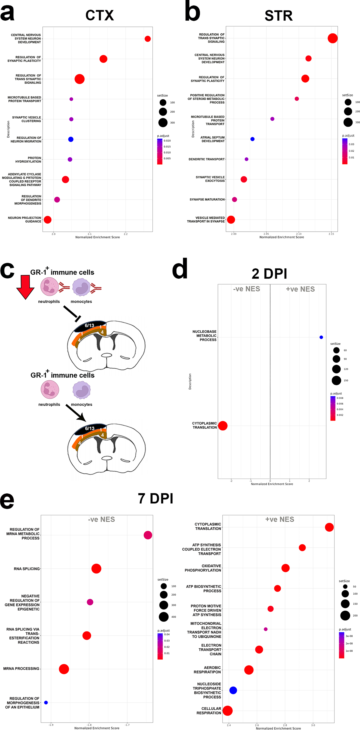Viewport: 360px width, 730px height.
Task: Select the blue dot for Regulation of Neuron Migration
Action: (x=71, y=139)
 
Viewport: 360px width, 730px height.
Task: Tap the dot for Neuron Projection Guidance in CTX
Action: (x=48, y=220)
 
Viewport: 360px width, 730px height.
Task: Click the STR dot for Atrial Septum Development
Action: (x=252, y=139)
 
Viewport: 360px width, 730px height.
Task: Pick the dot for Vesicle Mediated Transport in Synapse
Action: (x=231, y=220)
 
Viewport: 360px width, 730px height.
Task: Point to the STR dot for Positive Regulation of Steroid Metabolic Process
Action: (x=296, y=99)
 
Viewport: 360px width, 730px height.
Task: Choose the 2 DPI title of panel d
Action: (x=269, y=274)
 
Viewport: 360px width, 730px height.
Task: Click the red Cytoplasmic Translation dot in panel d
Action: (x=223, y=426)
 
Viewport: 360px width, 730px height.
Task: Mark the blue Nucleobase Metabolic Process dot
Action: (x=321, y=337)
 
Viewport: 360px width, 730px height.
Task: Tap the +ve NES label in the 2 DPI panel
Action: (x=300, y=289)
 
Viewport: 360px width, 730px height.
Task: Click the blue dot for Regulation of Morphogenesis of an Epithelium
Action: (x=46, y=703)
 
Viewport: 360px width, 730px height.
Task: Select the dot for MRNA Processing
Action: (x=64, y=669)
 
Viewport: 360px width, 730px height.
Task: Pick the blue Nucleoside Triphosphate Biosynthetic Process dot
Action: (x=233, y=690)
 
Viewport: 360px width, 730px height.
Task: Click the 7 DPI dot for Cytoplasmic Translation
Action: (x=329, y=527)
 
